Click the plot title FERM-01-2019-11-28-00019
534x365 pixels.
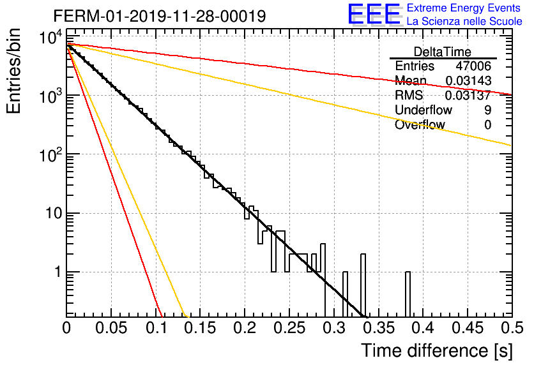pos(160,16)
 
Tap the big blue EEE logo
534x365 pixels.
pos(374,15)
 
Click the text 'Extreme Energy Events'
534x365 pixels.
pos(464,8)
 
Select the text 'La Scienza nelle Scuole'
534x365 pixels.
pos(464,22)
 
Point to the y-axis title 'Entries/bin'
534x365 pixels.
pos(13,71)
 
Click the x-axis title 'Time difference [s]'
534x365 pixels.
pos(437,350)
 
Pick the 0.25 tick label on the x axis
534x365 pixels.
pos(290,328)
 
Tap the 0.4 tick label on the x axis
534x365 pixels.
pos(423,328)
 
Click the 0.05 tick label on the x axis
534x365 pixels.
pos(111,328)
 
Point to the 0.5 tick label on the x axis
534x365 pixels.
pos(512,328)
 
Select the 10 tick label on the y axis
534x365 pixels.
pos(54,213)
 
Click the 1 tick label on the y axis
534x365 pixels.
pos(58,272)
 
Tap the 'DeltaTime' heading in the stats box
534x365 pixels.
pos(443,52)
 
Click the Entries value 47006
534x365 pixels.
pos(473,66)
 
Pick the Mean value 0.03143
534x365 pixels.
pos(468,80)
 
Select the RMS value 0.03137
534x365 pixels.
pos(468,95)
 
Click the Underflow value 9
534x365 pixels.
pos(487,110)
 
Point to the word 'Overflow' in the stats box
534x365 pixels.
pos(420,124)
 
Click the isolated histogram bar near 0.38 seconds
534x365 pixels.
pos(408,294)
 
